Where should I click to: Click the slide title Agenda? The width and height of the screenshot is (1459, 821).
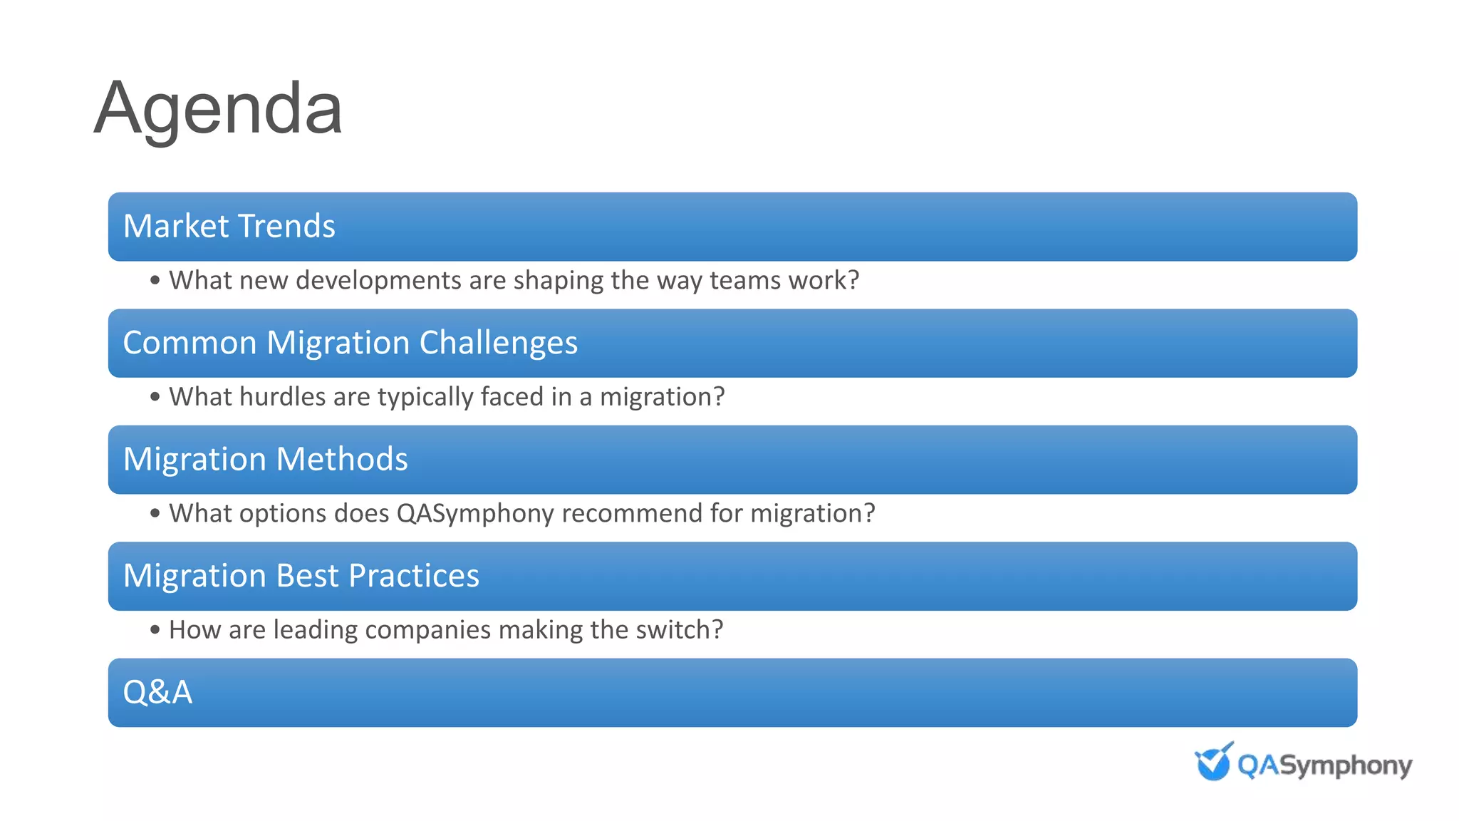point(218,109)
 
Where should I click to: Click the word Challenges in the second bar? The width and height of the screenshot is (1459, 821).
point(498,343)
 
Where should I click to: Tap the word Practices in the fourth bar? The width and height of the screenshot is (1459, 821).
point(413,576)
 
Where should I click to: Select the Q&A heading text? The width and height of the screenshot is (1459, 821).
point(157,692)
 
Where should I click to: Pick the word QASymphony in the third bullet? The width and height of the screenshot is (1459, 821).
point(474,513)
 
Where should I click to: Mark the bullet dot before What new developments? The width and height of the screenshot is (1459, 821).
point(155,281)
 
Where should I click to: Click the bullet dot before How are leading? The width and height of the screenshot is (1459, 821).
point(155,630)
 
